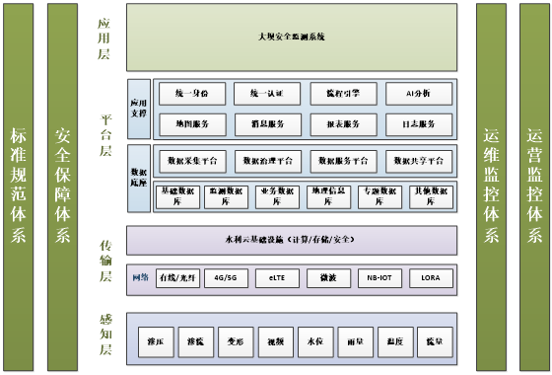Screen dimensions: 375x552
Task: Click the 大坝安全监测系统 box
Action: click(292, 37)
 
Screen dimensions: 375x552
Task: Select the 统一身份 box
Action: click(189, 94)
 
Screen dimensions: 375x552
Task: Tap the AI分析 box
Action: click(420, 94)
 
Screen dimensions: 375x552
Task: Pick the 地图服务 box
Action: click(189, 124)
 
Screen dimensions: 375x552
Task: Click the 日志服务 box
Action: click(420, 124)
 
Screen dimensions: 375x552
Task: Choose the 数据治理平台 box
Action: click(266, 160)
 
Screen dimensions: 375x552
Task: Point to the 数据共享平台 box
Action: click(420, 160)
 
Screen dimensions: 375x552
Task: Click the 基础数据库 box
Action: click(178, 195)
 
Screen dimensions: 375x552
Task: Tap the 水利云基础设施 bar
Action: click(292, 241)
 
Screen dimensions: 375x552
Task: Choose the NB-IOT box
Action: click(379, 279)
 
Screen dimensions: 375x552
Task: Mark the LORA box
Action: click(430, 279)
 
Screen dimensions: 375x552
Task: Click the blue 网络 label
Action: click(139, 279)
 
